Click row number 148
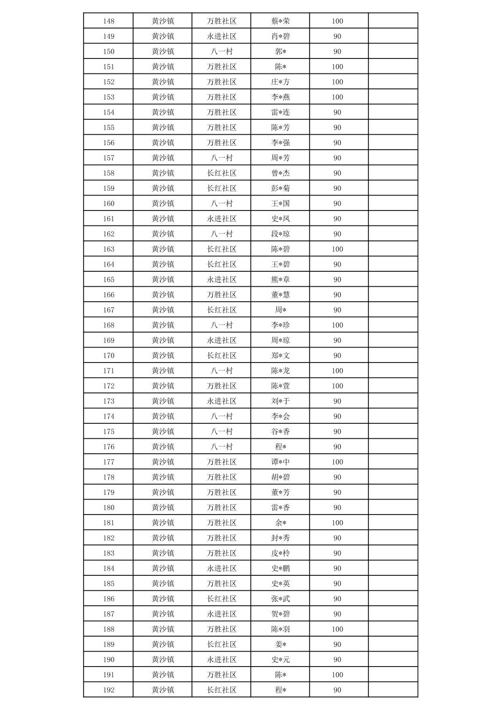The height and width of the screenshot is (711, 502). tap(108, 21)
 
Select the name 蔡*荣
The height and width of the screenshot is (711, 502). tap(280, 21)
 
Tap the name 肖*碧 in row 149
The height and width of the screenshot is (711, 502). tap(280, 36)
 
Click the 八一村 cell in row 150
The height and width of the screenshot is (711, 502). tap(222, 51)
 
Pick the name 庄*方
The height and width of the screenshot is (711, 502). tap(280, 82)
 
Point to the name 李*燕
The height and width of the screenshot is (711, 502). tap(280, 97)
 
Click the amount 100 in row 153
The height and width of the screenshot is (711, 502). tap(337, 97)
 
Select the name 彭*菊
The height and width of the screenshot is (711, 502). tap(280, 189)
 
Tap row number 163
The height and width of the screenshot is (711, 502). tap(108, 249)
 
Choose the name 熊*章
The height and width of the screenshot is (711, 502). tap(280, 280)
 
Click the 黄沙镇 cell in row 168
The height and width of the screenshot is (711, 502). tap(163, 325)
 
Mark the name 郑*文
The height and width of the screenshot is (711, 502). tap(280, 355)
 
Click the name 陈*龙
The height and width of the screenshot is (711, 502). tap(280, 371)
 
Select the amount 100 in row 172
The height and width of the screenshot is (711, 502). tap(337, 386)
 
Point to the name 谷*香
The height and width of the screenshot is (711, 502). tap(280, 432)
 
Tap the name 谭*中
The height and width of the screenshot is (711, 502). tap(280, 462)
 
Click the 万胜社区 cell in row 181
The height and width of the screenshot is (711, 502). tap(222, 523)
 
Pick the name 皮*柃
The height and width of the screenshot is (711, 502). tap(280, 553)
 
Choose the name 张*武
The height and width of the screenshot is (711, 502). tap(280, 599)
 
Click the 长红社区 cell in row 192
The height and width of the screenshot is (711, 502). tap(222, 690)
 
